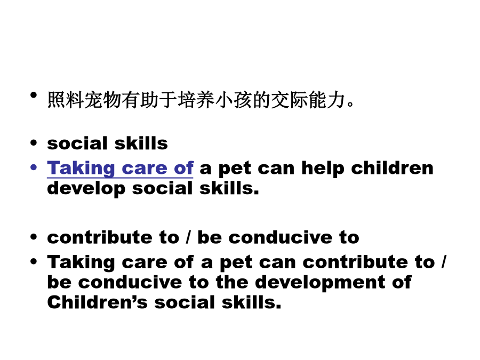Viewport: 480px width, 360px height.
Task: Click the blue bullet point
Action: click(34, 167)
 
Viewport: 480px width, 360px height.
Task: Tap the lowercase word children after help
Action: click(392, 168)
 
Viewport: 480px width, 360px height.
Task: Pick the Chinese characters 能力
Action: click(326, 100)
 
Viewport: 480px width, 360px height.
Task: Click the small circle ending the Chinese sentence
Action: click(350, 104)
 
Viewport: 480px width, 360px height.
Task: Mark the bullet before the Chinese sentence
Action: click(34, 95)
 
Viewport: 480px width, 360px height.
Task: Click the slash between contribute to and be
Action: click(188, 237)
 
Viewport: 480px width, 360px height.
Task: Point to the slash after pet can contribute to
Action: click(443, 262)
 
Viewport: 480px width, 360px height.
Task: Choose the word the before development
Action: click(232, 282)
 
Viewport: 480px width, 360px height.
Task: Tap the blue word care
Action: click(145, 169)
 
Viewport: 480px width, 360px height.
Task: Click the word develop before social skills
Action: click(86, 189)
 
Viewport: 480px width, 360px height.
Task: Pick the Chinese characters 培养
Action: click(196, 100)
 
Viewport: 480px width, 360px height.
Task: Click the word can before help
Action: click(276, 169)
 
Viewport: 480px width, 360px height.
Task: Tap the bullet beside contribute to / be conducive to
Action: click(34, 237)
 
